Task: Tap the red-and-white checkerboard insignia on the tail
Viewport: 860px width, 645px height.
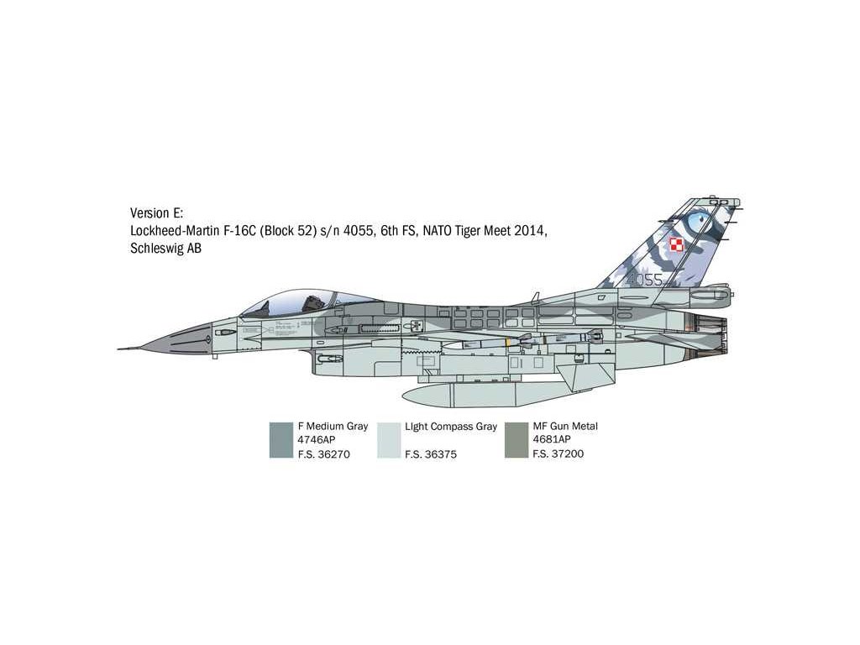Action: (x=677, y=245)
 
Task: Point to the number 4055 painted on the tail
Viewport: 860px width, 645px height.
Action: (x=645, y=279)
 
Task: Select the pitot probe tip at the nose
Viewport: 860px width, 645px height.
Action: (x=120, y=349)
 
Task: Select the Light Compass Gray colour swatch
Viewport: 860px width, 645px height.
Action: (x=389, y=439)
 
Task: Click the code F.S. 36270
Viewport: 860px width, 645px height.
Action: (x=323, y=454)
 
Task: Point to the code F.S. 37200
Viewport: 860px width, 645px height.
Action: (x=558, y=454)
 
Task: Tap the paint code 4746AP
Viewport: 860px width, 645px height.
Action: (x=317, y=440)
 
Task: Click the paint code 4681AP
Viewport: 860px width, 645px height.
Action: (x=552, y=440)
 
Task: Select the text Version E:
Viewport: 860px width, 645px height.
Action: (x=156, y=212)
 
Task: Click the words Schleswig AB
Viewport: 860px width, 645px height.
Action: (x=165, y=248)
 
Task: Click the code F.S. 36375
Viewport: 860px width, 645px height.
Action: (x=430, y=454)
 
